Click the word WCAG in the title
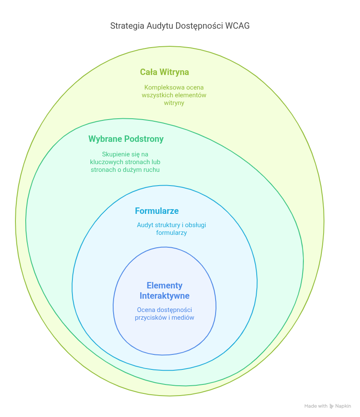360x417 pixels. pyautogui.click(x=237, y=26)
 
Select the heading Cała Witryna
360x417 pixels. pyautogui.click(x=164, y=72)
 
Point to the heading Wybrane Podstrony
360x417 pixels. pyautogui.click(x=126, y=139)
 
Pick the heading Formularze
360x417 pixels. pyautogui.click(x=156, y=211)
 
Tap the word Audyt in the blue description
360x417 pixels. pyautogui.click(x=145, y=225)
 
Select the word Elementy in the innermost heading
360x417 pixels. pyautogui.click(x=165, y=285)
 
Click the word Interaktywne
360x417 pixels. pyautogui.click(x=165, y=296)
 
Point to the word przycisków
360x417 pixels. pyautogui.click(x=153, y=318)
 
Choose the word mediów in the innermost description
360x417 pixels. pyautogui.click(x=183, y=318)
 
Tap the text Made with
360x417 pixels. pyautogui.click(x=316, y=406)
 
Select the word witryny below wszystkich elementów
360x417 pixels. pyautogui.click(x=174, y=103)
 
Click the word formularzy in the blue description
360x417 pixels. pyautogui.click(x=171, y=233)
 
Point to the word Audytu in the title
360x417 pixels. pyautogui.click(x=159, y=26)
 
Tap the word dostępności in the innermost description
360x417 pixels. pyautogui.click(x=174, y=310)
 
